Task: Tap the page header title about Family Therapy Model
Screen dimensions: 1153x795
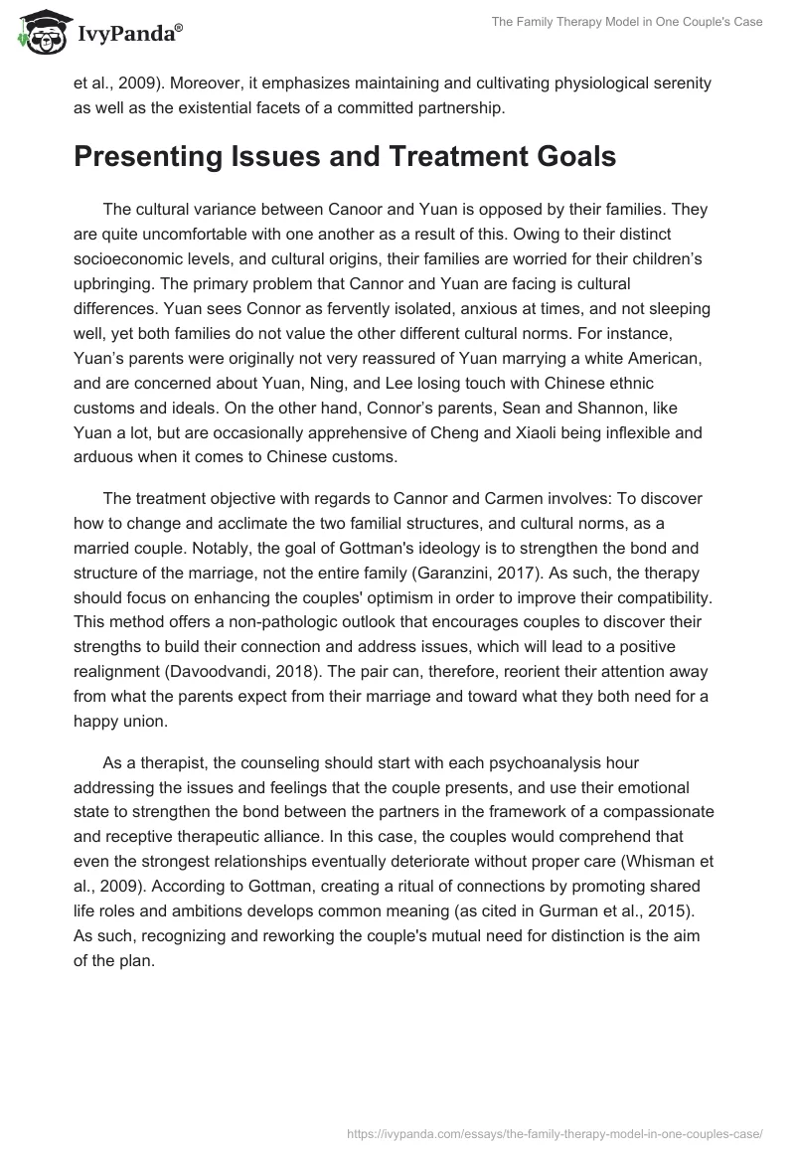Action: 627,22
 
